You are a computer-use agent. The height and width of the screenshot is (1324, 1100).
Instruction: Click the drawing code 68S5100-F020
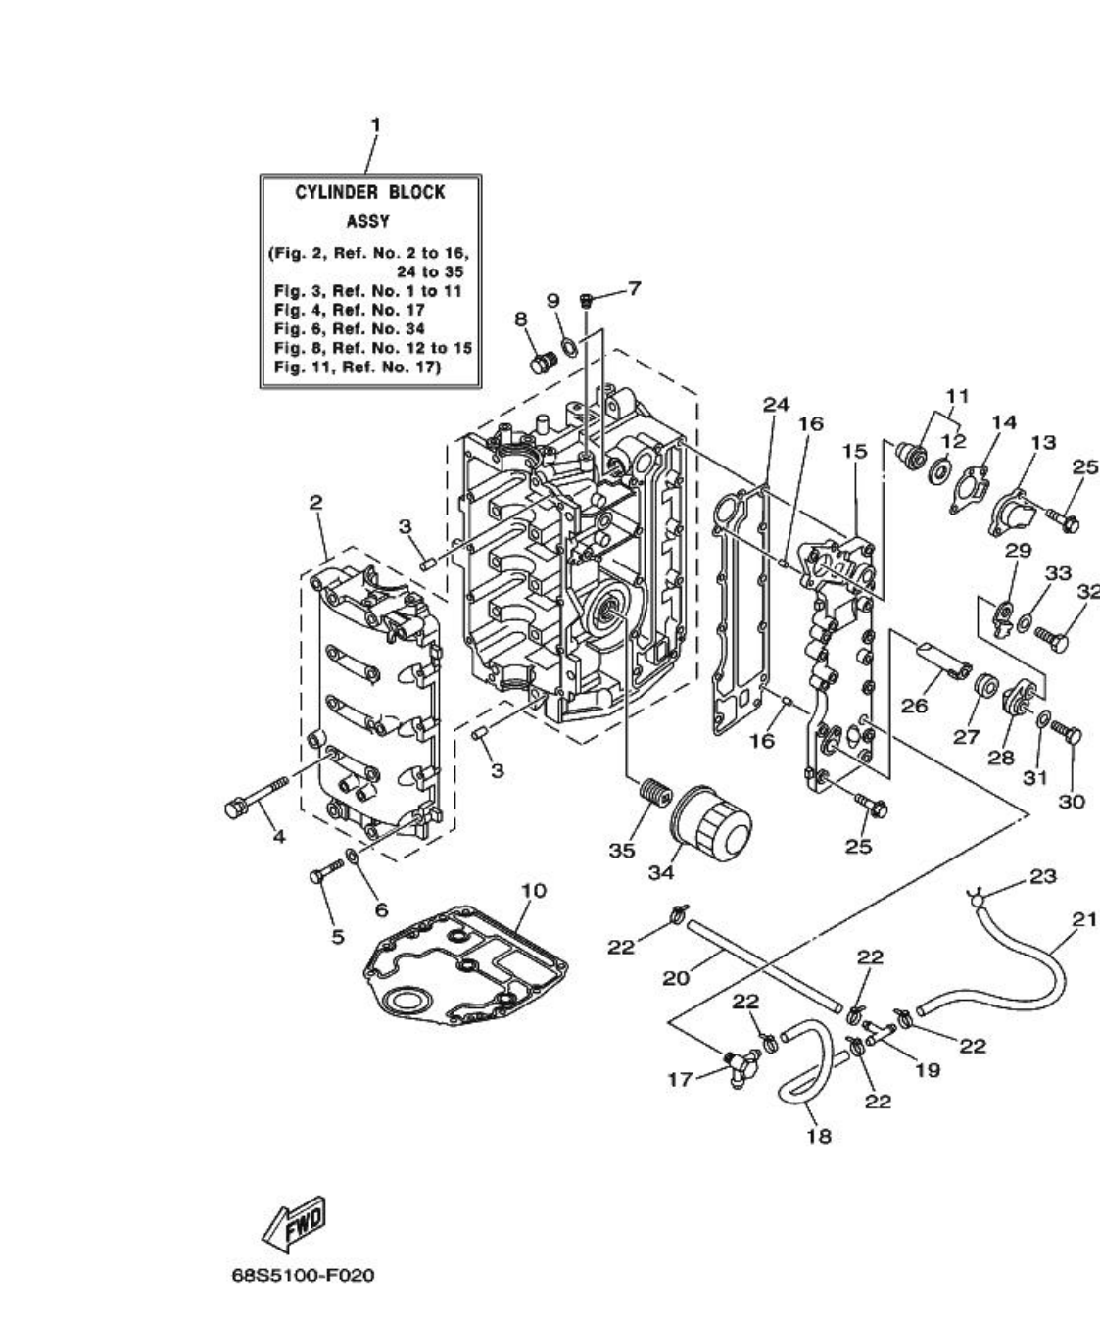pyautogui.click(x=303, y=1276)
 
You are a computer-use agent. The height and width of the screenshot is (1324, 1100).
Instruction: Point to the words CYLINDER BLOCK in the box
pyautogui.click(x=369, y=192)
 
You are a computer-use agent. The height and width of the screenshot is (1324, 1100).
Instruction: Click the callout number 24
pyautogui.click(x=776, y=404)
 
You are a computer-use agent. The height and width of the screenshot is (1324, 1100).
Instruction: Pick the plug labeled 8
pyautogui.click(x=540, y=365)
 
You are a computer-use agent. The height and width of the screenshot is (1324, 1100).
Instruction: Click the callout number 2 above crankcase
pyautogui.click(x=315, y=502)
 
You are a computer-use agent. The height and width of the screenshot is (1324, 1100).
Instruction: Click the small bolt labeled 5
pyautogui.click(x=326, y=873)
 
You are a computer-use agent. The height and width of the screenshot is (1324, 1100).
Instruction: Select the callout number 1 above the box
pyautogui.click(x=374, y=124)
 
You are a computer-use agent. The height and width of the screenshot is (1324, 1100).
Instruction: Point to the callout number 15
pyautogui.click(x=854, y=452)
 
